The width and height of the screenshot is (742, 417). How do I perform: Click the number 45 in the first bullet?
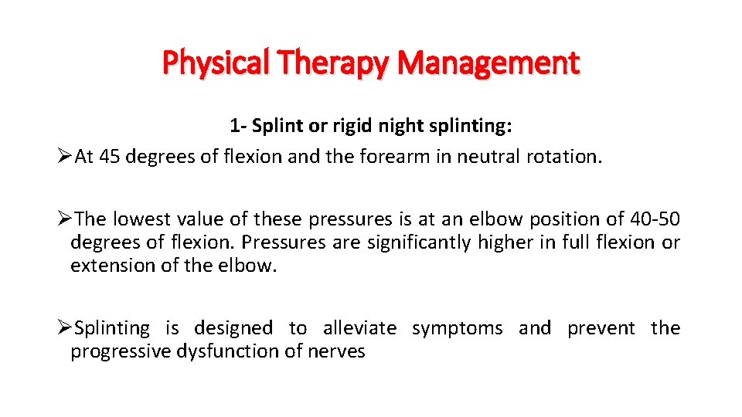[109, 157]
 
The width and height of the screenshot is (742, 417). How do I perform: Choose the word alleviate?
[359, 328]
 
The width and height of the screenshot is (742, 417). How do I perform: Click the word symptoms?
[457, 328]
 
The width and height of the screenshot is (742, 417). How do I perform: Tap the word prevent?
[601, 328]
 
